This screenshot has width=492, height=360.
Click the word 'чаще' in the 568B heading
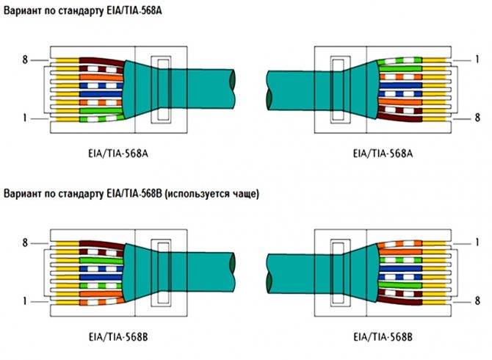coord(243,194)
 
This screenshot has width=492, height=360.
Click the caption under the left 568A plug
coord(118,154)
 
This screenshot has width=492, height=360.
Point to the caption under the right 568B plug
coord(383,337)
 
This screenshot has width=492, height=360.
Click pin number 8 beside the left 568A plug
coord(25,60)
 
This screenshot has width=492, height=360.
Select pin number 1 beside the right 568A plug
coord(477,60)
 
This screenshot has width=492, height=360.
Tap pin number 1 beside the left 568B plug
coord(25,302)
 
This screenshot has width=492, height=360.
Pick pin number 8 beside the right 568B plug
coord(477,300)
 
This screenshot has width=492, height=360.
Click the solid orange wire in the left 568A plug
coord(101,77)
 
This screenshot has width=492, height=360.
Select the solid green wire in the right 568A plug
coord(400,68)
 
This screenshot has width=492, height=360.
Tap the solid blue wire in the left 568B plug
coord(101,277)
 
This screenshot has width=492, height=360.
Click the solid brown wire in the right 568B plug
coord(399,302)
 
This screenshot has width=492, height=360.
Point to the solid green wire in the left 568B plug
coord(101,260)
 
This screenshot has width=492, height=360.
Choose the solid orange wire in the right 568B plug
coord(400,252)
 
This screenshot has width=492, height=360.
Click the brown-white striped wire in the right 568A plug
coord(400,110)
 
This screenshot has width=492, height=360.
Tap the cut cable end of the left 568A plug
coord(232,89)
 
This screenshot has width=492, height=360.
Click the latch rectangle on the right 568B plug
coord(340,273)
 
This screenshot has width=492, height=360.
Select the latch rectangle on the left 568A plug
coord(162,90)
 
